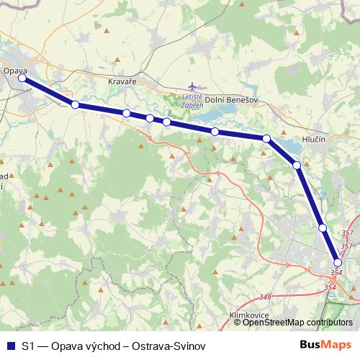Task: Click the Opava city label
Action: [x=14, y=71]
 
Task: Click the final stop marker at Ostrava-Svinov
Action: [x=337, y=263]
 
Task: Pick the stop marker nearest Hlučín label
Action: [x=297, y=166]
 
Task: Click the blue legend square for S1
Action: [x=10, y=345]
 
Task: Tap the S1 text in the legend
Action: [x=27, y=345]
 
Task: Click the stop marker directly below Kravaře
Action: [x=127, y=113]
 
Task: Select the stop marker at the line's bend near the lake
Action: [x=266, y=138]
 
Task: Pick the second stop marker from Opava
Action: [x=75, y=105]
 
